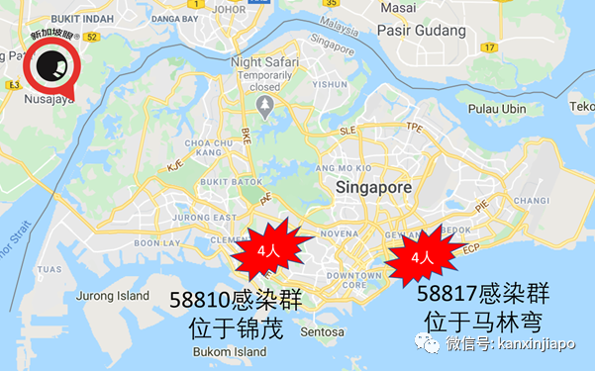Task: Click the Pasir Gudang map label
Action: point(418,30)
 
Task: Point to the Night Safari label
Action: point(264,61)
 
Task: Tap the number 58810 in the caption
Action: point(194,299)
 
